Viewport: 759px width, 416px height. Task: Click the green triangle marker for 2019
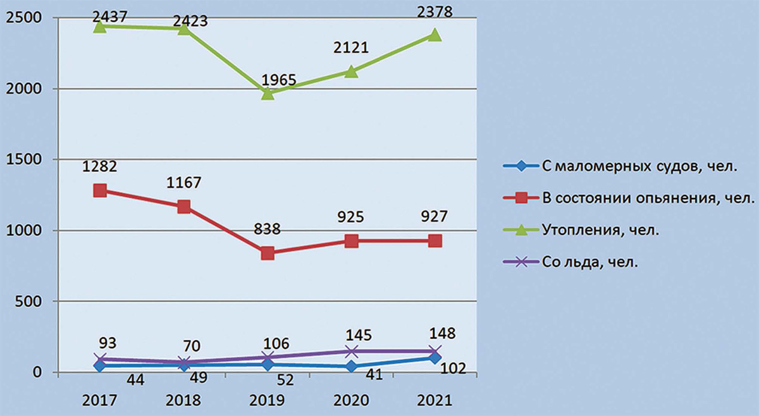pyautogui.click(x=268, y=94)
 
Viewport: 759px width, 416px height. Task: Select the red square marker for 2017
pyautogui.click(x=100, y=190)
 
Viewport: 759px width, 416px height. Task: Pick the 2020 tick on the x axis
pyautogui.click(x=351, y=401)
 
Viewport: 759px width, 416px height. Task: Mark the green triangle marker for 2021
pyautogui.click(x=435, y=35)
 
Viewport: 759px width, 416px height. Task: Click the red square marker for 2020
pyautogui.click(x=352, y=241)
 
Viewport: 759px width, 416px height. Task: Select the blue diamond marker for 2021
pyautogui.click(x=435, y=358)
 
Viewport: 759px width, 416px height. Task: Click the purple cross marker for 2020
pyautogui.click(x=352, y=351)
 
